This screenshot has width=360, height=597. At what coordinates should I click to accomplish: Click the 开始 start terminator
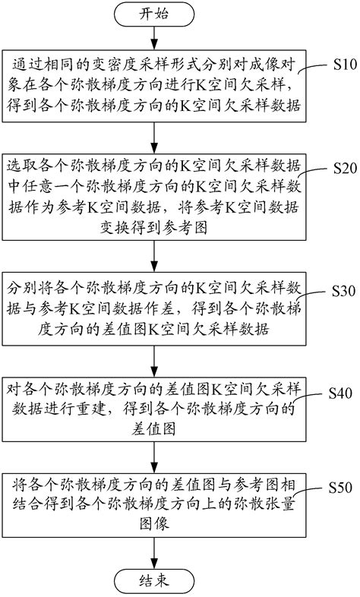pos(154,14)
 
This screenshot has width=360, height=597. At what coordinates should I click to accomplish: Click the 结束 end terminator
pos(154,582)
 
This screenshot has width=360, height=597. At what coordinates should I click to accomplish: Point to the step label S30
pos(343,291)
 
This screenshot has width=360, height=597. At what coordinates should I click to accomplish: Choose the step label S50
pos(340,488)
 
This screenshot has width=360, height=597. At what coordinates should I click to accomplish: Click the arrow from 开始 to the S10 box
pos(154,38)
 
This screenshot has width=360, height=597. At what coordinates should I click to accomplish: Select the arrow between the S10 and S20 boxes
pos(154,137)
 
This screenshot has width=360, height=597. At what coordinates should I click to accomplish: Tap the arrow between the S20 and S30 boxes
pos(154,256)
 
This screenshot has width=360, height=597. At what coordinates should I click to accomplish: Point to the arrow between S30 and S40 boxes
pos(154,362)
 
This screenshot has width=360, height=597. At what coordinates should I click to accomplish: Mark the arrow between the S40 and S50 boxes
pos(154,458)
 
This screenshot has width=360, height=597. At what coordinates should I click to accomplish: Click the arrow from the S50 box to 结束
pos(154,553)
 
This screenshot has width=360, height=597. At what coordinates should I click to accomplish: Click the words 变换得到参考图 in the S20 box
pos(153,228)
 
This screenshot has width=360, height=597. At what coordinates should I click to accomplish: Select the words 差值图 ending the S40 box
pos(153,428)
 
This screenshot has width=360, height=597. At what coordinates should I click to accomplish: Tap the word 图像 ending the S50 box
pos(153,524)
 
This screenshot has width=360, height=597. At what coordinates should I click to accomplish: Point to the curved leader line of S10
pos(313,68)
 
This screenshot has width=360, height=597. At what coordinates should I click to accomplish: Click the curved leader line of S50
pos(309,492)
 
